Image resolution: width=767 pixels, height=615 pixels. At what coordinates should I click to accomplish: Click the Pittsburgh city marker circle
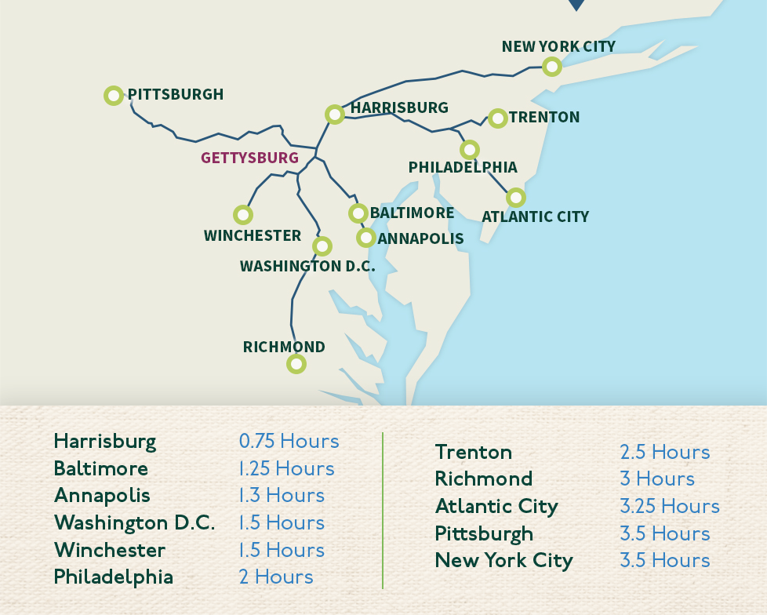click(114, 96)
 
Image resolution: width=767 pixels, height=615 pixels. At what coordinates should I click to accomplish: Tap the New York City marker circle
click(552, 67)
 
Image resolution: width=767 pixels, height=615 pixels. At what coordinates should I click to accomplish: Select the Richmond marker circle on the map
click(296, 363)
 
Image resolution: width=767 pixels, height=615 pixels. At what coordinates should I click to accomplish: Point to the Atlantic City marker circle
click(515, 197)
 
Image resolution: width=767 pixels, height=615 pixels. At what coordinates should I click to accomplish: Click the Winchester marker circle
click(243, 214)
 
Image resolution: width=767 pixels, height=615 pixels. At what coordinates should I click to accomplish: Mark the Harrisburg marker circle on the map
click(335, 115)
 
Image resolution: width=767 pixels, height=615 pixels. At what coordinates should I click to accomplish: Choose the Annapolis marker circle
click(365, 238)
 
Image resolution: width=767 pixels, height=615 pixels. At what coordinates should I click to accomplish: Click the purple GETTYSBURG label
click(249, 158)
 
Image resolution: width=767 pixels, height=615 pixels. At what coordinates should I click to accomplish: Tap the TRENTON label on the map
click(544, 118)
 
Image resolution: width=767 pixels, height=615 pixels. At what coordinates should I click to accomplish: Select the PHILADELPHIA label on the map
click(463, 167)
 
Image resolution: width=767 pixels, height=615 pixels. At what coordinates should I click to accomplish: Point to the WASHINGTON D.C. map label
click(307, 266)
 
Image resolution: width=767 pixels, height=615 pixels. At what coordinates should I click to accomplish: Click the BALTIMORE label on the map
click(412, 213)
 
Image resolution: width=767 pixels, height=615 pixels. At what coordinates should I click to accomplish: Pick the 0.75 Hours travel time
click(289, 441)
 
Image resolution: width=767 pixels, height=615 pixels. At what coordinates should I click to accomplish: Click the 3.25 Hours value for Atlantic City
click(669, 506)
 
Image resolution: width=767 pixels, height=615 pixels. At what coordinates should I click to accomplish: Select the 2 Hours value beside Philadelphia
click(275, 577)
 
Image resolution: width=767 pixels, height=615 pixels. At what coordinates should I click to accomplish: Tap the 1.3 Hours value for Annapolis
click(282, 495)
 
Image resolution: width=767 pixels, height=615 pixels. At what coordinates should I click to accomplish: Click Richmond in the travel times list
click(483, 479)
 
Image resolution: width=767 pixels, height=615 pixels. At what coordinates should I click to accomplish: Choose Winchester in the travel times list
click(109, 550)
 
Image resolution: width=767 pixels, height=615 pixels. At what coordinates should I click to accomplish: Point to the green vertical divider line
click(383, 510)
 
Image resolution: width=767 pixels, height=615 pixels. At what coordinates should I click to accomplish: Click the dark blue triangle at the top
click(576, 5)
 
